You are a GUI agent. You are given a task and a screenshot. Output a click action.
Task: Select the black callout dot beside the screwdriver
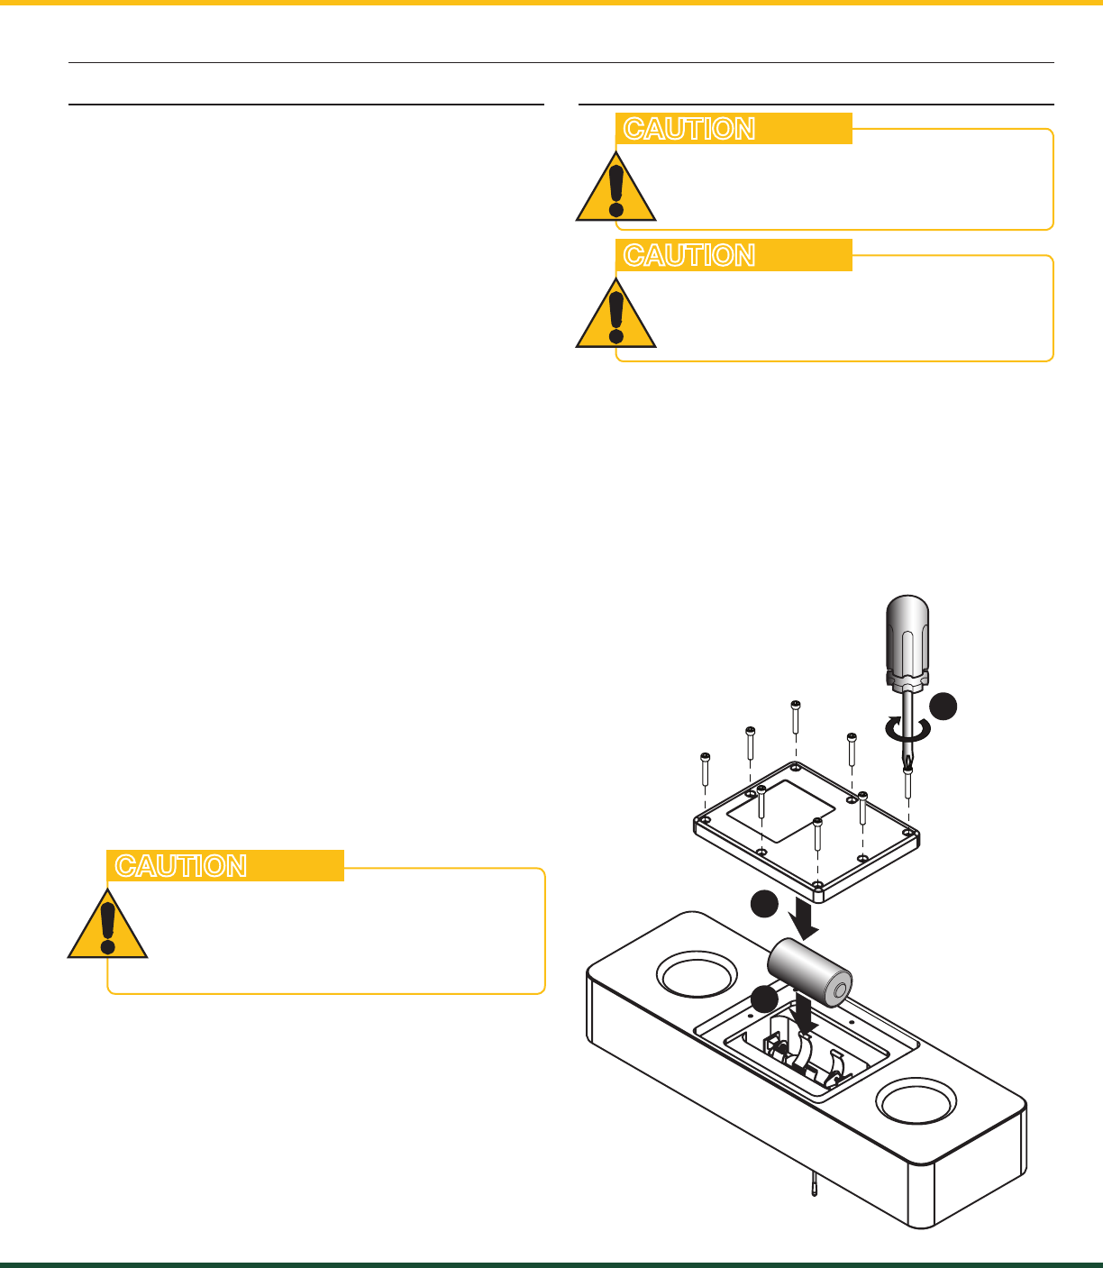[x=943, y=707]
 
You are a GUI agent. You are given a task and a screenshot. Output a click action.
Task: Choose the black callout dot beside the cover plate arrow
[x=765, y=904]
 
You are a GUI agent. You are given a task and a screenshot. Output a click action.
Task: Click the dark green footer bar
[x=551, y=1264]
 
